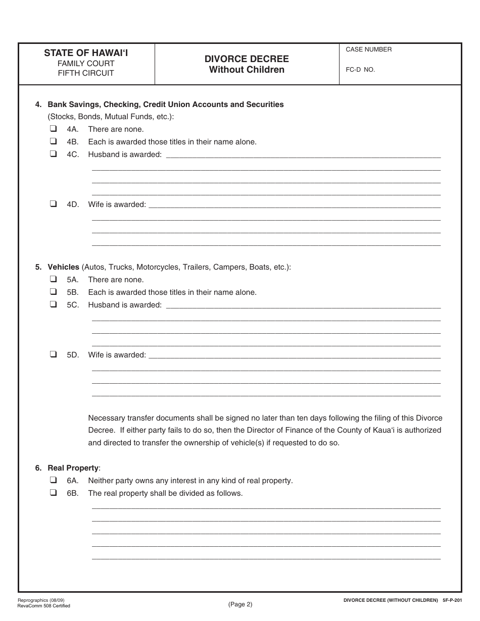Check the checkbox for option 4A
[x=53, y=129]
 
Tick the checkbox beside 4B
[x=53, y=141]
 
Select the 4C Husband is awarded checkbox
[x=53, y=154]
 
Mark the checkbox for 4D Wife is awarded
[x=53, y=204]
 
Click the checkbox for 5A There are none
[x=53, y=279]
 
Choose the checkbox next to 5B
[x=53, y=292]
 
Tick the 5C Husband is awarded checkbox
[x=53, y=304]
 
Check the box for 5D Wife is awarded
[x=53, y=354]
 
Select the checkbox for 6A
[x=53, y=480]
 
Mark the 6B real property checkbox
[x=53, y=493]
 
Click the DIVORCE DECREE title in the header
[x=247, y=59]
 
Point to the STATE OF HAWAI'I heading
[x=86, y=53]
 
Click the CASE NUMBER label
[x=368, y=49]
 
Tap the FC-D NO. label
[x=360, y=70]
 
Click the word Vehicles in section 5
[x=63, y=267]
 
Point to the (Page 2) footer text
[x=240, y=604]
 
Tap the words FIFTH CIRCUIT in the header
[x=86, y=73]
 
